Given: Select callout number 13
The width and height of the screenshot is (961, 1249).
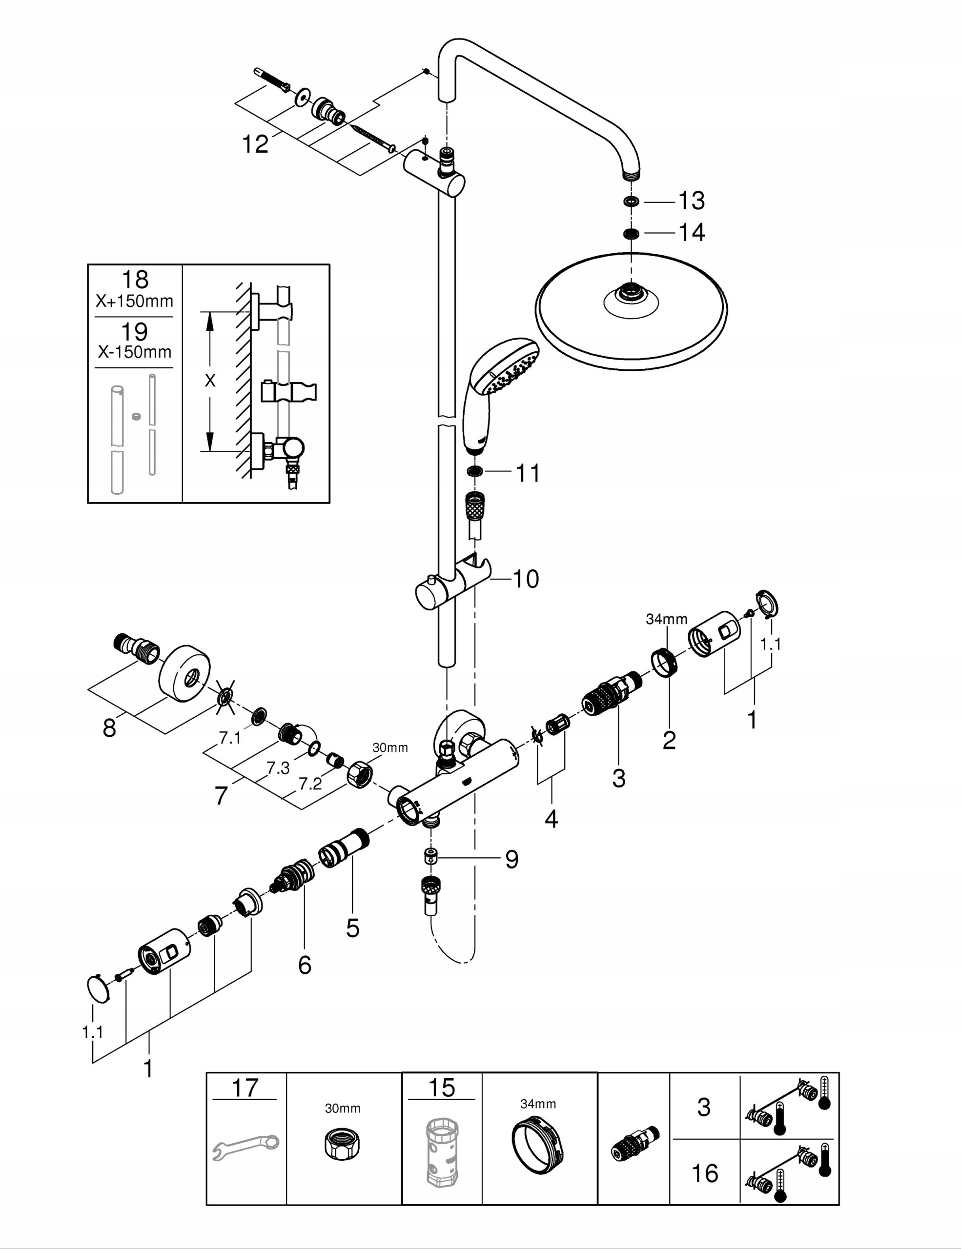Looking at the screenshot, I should pos(691,201).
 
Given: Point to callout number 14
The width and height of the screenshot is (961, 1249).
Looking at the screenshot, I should pos(692,232).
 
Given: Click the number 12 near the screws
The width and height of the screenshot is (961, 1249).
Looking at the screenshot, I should pos(255,144).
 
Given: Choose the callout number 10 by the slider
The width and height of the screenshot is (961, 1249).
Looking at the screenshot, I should pos(526,579).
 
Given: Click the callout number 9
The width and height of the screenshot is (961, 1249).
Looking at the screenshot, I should pos(511,859).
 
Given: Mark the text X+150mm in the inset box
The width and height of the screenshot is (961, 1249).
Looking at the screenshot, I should pos(134,302).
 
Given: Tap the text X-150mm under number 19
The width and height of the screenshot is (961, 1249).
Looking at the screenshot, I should pos(134,352).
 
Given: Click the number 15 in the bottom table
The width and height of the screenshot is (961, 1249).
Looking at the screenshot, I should pos(441,1088).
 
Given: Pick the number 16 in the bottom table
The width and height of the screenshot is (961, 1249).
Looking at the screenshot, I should pos(705,1173).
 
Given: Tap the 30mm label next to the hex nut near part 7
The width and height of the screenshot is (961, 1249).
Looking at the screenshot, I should pos(390,747).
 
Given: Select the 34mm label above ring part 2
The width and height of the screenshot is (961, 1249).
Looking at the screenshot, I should pos(666,619).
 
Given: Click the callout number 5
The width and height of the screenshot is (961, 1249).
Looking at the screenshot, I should pos(352,927).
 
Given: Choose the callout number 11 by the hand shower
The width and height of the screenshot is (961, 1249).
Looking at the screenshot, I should pos(528,474).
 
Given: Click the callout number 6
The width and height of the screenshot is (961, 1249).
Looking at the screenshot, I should pos(305,966).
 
